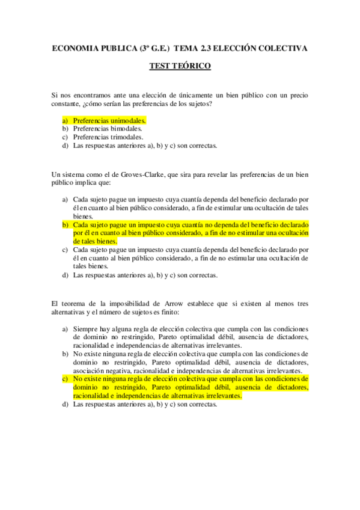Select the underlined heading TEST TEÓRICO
tap(180, 67)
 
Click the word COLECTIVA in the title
tap(282, 48)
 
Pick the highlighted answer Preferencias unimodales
tap(109, 120)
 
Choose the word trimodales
tap(126, 137)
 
